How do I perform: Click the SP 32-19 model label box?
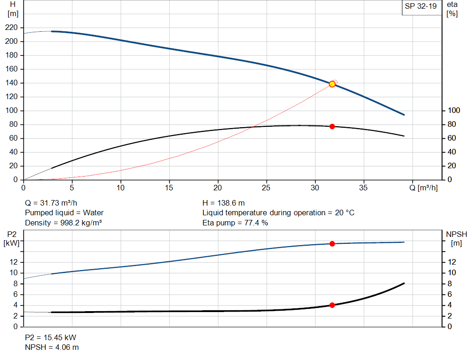coord(419,6)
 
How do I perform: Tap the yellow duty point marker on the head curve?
coord(332,84)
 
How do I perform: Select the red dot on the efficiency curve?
coord(332,126)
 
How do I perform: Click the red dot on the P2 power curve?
coord(332,243)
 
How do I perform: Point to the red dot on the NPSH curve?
coord(332,305)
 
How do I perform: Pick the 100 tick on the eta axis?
coord(454,111)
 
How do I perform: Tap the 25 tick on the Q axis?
coord(266,188)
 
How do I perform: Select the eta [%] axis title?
coord(452,9)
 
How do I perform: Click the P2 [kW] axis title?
coord(10,238)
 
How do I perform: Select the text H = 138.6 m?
coord(224,203)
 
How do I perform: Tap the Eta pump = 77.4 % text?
coord(235,223)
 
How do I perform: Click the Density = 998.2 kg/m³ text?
coord(63,223)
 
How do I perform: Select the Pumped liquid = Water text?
coord(64,212)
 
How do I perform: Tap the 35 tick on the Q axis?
coord(364,188)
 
